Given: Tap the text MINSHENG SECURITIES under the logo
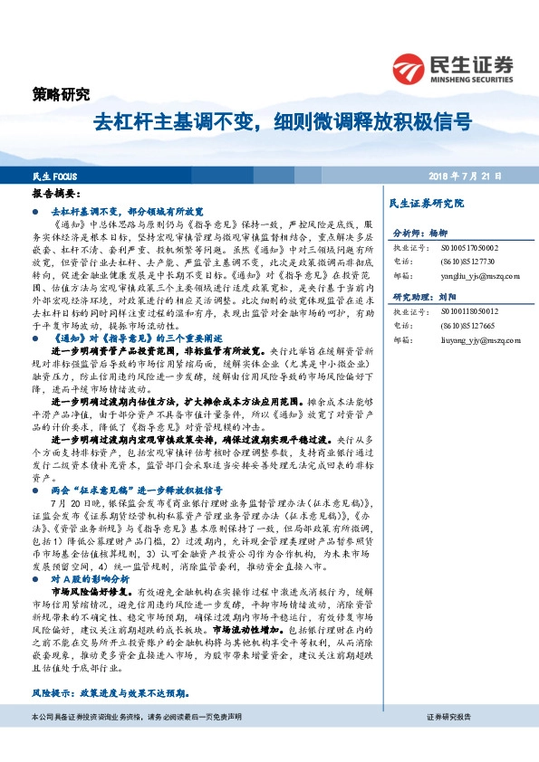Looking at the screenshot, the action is pyautogui.click(x=473, y=77).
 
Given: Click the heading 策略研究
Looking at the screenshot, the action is pyautogui.click(x=61, y=94).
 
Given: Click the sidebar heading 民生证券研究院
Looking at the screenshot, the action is pyautogui.click(x=426, y=204).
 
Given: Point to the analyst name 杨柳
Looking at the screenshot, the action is pyautogui.click(x=439, y=233).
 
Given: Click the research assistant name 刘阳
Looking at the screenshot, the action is pyautogui.click(x=450, y=297).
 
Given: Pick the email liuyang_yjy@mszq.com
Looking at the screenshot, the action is pyautogui.click(x=470, y=340).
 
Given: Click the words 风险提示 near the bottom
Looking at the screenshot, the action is pyautogui.click(x=53, y=693).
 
